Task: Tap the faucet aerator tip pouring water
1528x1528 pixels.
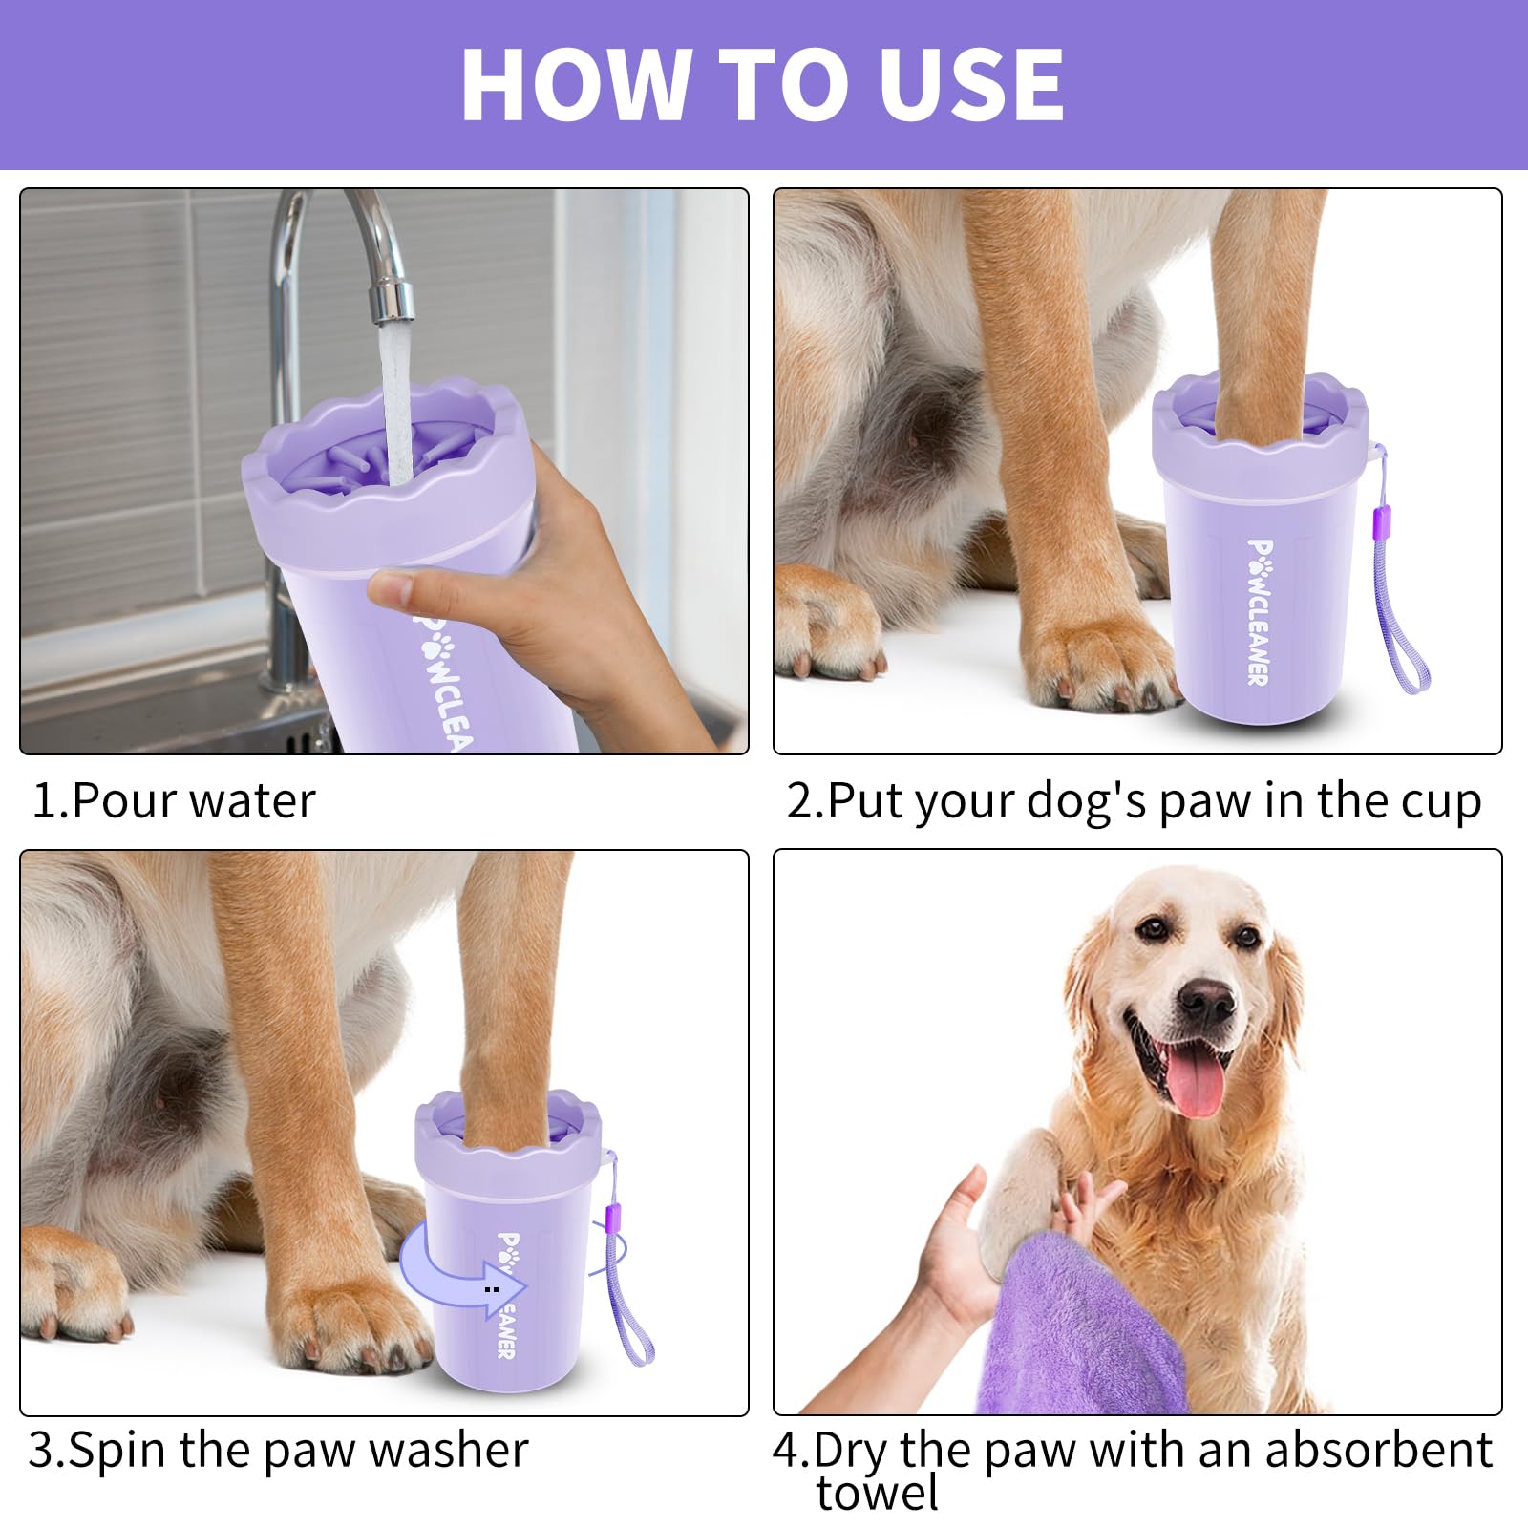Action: pyautogui.click(x=393, y=301)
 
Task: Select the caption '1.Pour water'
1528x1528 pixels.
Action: pyautogui.click(x=173, y=800)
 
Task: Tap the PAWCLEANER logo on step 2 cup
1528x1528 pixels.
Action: pyautogui.click(x=1260, y=611)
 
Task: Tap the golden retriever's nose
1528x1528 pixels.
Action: pyautogui.click(x=1205, y=1000)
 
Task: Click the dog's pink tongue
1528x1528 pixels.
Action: pyautogui.click(x=1194, y=1084)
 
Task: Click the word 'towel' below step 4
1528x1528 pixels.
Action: pyautogui.click(x=877, y=1492)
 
